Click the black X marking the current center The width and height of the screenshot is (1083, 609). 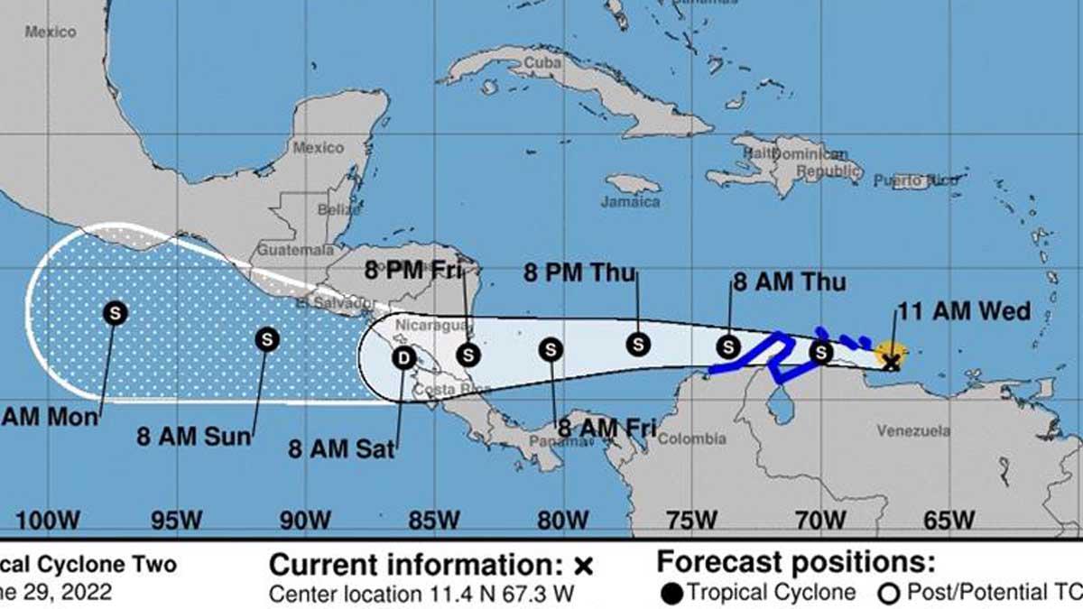[x=892, y=363]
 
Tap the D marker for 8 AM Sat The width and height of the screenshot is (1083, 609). [x=403, y=358]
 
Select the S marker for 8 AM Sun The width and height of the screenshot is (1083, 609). [x=267, y=339]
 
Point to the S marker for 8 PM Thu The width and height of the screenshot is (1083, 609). [x=638, y=344]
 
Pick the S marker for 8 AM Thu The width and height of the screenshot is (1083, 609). [x=728, y=346]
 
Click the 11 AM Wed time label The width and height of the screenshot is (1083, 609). [x=963, y=312]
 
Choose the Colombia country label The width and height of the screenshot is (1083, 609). [x=693, y=438]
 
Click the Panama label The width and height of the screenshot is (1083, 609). [x=551, y=442]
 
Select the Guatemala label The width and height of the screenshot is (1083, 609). [x=289, y=248]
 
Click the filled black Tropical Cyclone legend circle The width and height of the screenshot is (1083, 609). [x=671, y=593]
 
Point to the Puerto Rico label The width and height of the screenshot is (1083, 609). [x=916, y=181]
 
